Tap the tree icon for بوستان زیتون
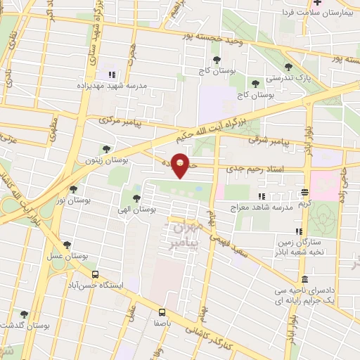point(105,148)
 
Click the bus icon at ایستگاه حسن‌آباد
point(95,275)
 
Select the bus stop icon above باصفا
point(162,311)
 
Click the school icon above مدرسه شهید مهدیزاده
point(110,74)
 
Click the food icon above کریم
point(304,191)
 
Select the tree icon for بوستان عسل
point(67,245)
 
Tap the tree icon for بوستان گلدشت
point(24,314)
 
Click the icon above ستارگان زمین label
point(299,231)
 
